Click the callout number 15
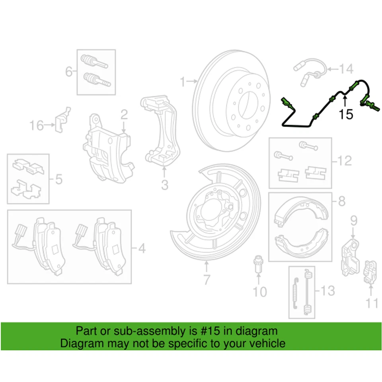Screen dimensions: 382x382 pos(346,115)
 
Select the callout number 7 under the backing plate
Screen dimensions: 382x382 pos(206,280)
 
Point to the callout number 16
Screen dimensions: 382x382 pos(37,126)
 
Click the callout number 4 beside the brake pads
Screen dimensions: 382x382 pos(141,249)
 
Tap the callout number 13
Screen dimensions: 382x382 pos(328,292)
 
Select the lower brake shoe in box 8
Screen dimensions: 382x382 pos(300,243)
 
